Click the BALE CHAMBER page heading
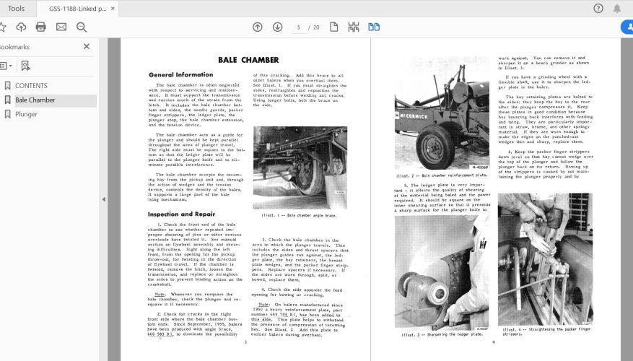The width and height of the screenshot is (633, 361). tap(248, 59)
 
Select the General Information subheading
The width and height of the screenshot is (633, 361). tap(180, 74)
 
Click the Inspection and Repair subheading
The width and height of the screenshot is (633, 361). tap(181, 214)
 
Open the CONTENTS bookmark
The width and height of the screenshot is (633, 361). tap(31, 85)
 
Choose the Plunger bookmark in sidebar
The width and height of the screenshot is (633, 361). tap(26, 114)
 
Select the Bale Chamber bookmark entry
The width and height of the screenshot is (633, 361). tap(35, 100)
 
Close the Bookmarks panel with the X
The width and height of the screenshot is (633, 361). tap(87, 46)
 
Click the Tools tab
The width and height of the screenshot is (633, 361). tap(16, 9)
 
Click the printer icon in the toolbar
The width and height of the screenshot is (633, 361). tap(41, 27)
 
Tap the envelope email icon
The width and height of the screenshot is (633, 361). tap(61, 27)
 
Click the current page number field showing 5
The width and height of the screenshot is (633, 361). tap(297, 27)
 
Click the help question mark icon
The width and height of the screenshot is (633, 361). tap(598, 9)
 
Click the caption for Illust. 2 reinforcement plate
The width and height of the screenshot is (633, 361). tap(442, 175)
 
